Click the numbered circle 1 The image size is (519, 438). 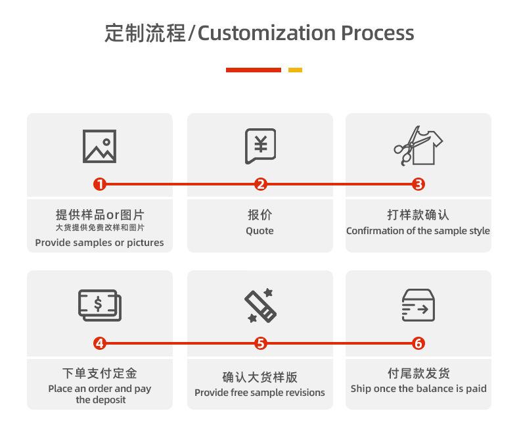(x=100, y=185)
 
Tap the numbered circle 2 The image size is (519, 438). (x=261, y=185)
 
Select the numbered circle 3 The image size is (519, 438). (x=419, y=185)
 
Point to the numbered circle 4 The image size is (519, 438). (x=100, y=343)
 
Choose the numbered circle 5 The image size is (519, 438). (x=261, y=343)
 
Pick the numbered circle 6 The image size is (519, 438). (x=419, y=343)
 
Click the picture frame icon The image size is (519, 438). (x=100, y=146)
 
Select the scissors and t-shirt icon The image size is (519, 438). (x=418, y=145)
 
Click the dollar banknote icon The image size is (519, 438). (x=100, y=304)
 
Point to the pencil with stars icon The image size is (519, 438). (x=260, y=305)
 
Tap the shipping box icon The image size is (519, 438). (x=418, y=304)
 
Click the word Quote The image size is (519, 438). (x=259, y=231)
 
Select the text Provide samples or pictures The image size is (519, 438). (x=100, y=243)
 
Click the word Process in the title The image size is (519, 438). (x=377, y=33)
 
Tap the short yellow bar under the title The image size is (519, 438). (x=295, y=70)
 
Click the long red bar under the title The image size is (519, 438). (x=253, y=70)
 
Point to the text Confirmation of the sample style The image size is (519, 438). (x=418, y=231)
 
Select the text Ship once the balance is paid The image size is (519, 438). (x=418, y=389)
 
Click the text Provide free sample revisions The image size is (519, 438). (x=259, y=393)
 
